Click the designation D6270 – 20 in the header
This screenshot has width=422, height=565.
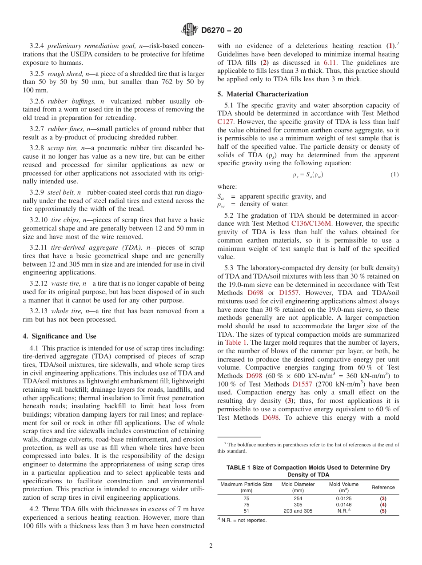click(x=222, y=31)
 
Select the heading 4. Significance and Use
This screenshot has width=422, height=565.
click(x=59, y=336)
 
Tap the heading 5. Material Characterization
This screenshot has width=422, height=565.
click(x=263, y=94)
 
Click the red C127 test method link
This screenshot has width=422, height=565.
click(x=225, y=121)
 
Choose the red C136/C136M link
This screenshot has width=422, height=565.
click(x=311, y=224)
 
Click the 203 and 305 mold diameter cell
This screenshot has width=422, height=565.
click(x=298, y=511)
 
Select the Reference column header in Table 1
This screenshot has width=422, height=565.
click(x=383, y=487)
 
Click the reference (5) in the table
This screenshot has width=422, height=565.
click(x=383, y=511)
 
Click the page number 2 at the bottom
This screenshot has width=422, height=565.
click(x=211, y=546)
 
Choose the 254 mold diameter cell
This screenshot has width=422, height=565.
click(x=298, y=498)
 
